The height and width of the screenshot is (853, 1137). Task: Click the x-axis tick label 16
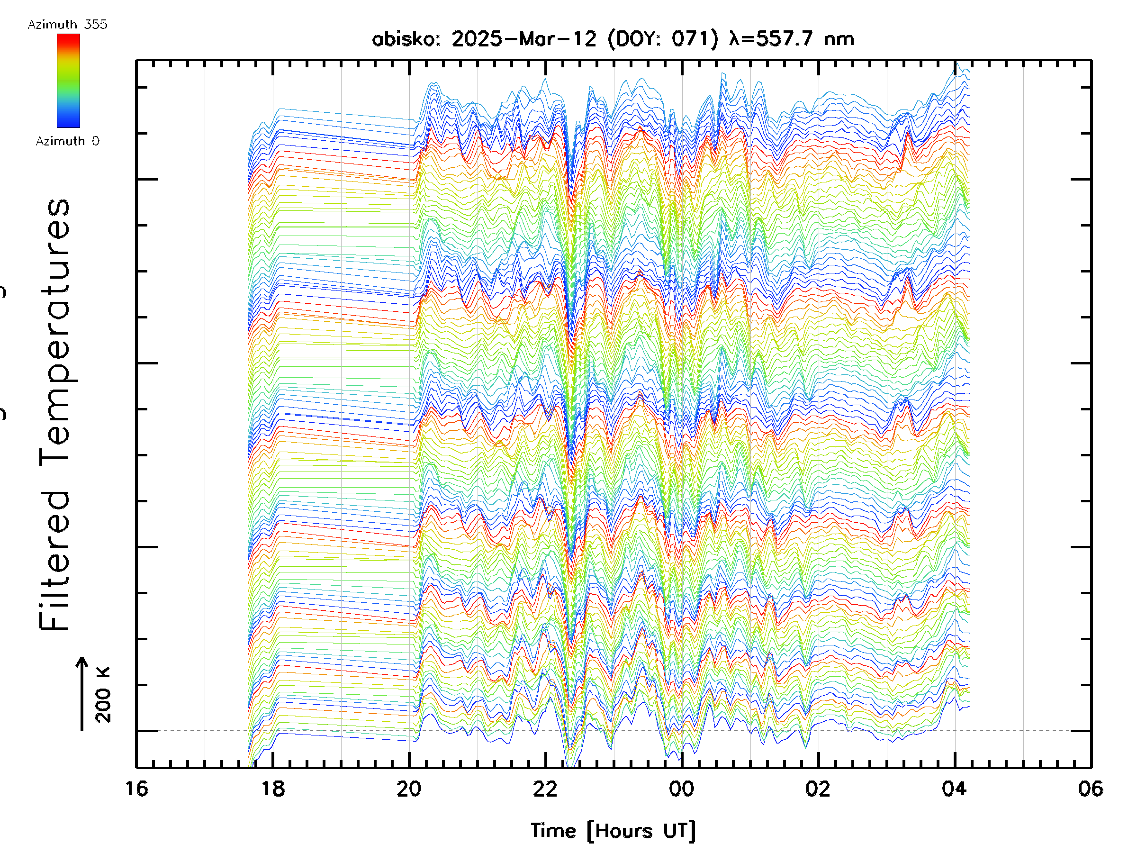pos(137,789)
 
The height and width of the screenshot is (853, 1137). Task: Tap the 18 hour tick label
pos(273,789)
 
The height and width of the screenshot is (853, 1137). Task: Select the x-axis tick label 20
pos(409,789)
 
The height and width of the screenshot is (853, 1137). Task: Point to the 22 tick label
pos(545,789)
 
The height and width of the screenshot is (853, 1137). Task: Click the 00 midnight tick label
pos(682,789)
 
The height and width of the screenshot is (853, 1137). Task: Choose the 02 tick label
pos(818,789)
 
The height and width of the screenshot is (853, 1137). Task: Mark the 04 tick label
pos(955,789)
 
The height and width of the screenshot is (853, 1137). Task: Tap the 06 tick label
pos(1091,789)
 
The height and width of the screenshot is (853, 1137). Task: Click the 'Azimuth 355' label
pos(67,24)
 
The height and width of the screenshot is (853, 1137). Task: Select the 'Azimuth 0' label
pos(67,141)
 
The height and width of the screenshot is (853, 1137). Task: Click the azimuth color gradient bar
pos(68,81)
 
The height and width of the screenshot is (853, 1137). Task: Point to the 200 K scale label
pos(103,695)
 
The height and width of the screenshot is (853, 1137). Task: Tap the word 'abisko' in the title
pos(406,39)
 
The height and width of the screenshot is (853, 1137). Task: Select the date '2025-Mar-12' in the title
pos(524,39)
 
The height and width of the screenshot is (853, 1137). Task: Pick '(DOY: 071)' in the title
pos(663,39)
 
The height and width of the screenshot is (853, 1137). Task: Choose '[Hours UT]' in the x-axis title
pos(641,831)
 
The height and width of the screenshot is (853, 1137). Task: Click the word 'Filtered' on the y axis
pos(54,561)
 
